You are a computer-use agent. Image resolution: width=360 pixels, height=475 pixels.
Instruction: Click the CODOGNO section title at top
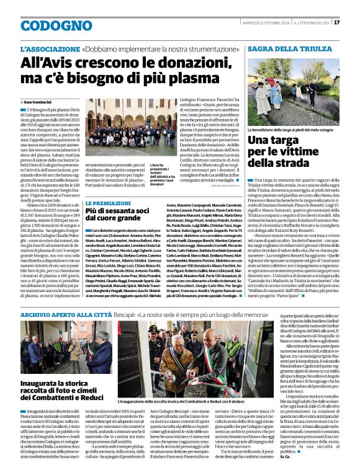click(x=47, y=23)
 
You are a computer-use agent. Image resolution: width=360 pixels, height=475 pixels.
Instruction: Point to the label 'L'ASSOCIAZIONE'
click(x=49, y=48)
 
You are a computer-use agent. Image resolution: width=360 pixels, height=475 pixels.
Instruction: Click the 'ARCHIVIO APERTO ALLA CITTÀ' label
click(x=59, y=315)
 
